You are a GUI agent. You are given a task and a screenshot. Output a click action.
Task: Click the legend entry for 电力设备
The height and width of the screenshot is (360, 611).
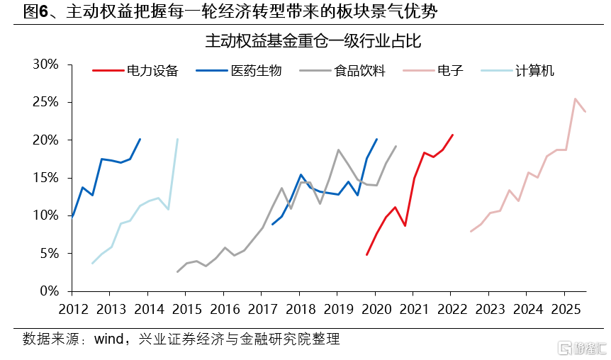click(135, 71)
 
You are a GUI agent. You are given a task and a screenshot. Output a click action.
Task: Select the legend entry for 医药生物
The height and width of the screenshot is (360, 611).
click(238, 71)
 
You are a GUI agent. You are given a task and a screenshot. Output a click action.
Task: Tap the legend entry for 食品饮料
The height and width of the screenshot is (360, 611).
click(342, 71)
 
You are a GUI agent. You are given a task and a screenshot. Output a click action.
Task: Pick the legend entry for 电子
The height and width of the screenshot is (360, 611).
click(433, 71)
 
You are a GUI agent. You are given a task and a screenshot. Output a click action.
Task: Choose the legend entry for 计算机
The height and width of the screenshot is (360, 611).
click(517, 71)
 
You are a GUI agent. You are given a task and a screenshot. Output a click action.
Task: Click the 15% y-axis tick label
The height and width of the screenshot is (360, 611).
click(45, 178)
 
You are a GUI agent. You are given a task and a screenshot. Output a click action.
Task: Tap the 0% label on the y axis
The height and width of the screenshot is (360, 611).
click(50, 291)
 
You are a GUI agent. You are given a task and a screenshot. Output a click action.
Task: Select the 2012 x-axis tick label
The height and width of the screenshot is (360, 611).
click(73, 310)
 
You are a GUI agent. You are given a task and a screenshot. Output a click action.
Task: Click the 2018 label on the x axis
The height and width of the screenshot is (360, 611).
click(301, 310)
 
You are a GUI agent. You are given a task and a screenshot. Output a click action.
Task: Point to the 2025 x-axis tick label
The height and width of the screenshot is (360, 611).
click(566, 310)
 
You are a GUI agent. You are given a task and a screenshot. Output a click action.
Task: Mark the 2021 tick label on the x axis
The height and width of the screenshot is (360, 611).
click(414, 310)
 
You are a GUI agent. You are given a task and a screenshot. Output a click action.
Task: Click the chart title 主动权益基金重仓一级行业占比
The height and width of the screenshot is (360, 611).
click(313, 41)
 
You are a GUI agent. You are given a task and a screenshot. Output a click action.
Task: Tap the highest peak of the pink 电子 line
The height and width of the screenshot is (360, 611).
click(575, 99)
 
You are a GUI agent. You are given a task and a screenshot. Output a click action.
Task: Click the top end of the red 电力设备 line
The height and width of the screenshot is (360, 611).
click(452, 135)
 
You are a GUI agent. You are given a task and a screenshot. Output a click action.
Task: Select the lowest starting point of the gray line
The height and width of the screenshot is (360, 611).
click(178, 272)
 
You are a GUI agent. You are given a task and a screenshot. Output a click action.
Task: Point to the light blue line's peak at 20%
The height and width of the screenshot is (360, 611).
click(178, 139)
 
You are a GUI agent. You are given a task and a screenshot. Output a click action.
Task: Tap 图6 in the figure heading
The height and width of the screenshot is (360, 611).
click(35, 11)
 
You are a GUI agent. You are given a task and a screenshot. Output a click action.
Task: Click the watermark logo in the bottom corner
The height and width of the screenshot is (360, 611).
click(582, 348)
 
